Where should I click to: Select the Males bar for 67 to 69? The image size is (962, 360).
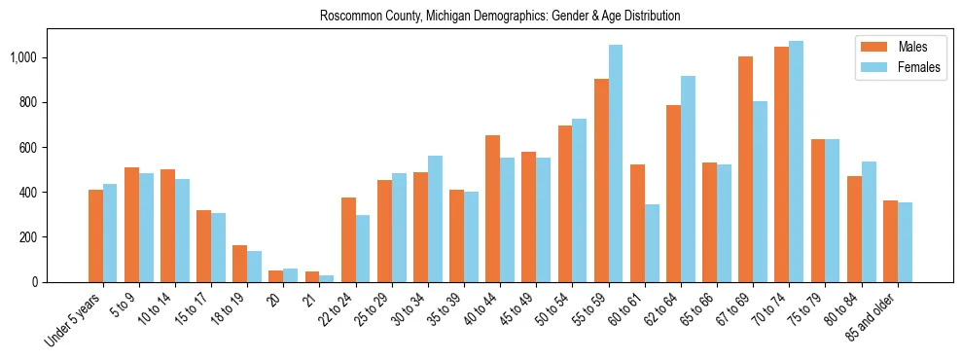click(x=746, y=169)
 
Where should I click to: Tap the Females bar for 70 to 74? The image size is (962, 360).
click(x=797, y=162)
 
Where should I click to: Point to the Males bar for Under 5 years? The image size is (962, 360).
click(x=95, y=235)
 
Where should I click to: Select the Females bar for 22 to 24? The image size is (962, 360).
click(x=363, y=248)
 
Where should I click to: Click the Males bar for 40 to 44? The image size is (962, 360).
click(x=493, y=208)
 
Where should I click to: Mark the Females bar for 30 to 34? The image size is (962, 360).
click(x=435, y=219)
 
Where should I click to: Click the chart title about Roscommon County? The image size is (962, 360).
click(x=499, y=17)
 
